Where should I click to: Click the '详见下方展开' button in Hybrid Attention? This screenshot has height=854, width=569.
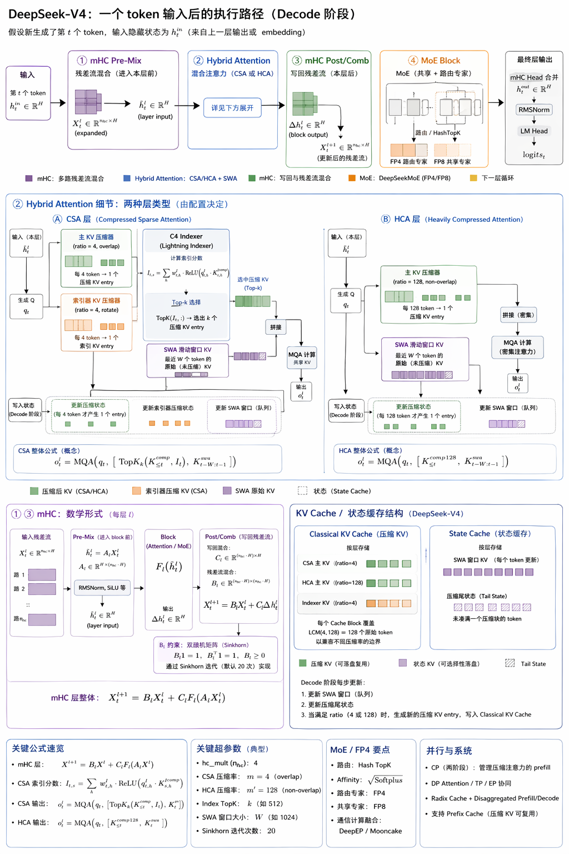(232, 108)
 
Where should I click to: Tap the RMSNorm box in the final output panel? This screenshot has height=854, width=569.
(533, 110)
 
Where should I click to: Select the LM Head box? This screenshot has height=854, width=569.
(533, 131)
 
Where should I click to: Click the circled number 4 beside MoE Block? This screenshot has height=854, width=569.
(413, 61)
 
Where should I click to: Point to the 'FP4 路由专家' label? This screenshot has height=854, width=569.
(408, 162)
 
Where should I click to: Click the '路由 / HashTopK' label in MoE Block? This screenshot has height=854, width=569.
(438, 133)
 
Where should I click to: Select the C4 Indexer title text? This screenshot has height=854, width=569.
(186, 237)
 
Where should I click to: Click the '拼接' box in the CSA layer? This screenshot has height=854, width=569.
(276, 327)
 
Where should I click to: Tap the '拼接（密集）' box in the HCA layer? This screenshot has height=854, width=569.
(518, 315)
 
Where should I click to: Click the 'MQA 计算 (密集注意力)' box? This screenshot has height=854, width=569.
(517, 347)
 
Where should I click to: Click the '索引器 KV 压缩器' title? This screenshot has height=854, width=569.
(96, 300)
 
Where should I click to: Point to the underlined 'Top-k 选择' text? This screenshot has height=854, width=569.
(186, 302)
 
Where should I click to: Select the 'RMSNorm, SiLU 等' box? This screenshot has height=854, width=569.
(102, 588)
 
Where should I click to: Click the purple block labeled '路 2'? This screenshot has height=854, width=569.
(42, 589)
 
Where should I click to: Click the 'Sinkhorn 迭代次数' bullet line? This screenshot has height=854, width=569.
(238, 831)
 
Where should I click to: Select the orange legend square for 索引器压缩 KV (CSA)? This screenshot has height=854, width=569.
(137, 491)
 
